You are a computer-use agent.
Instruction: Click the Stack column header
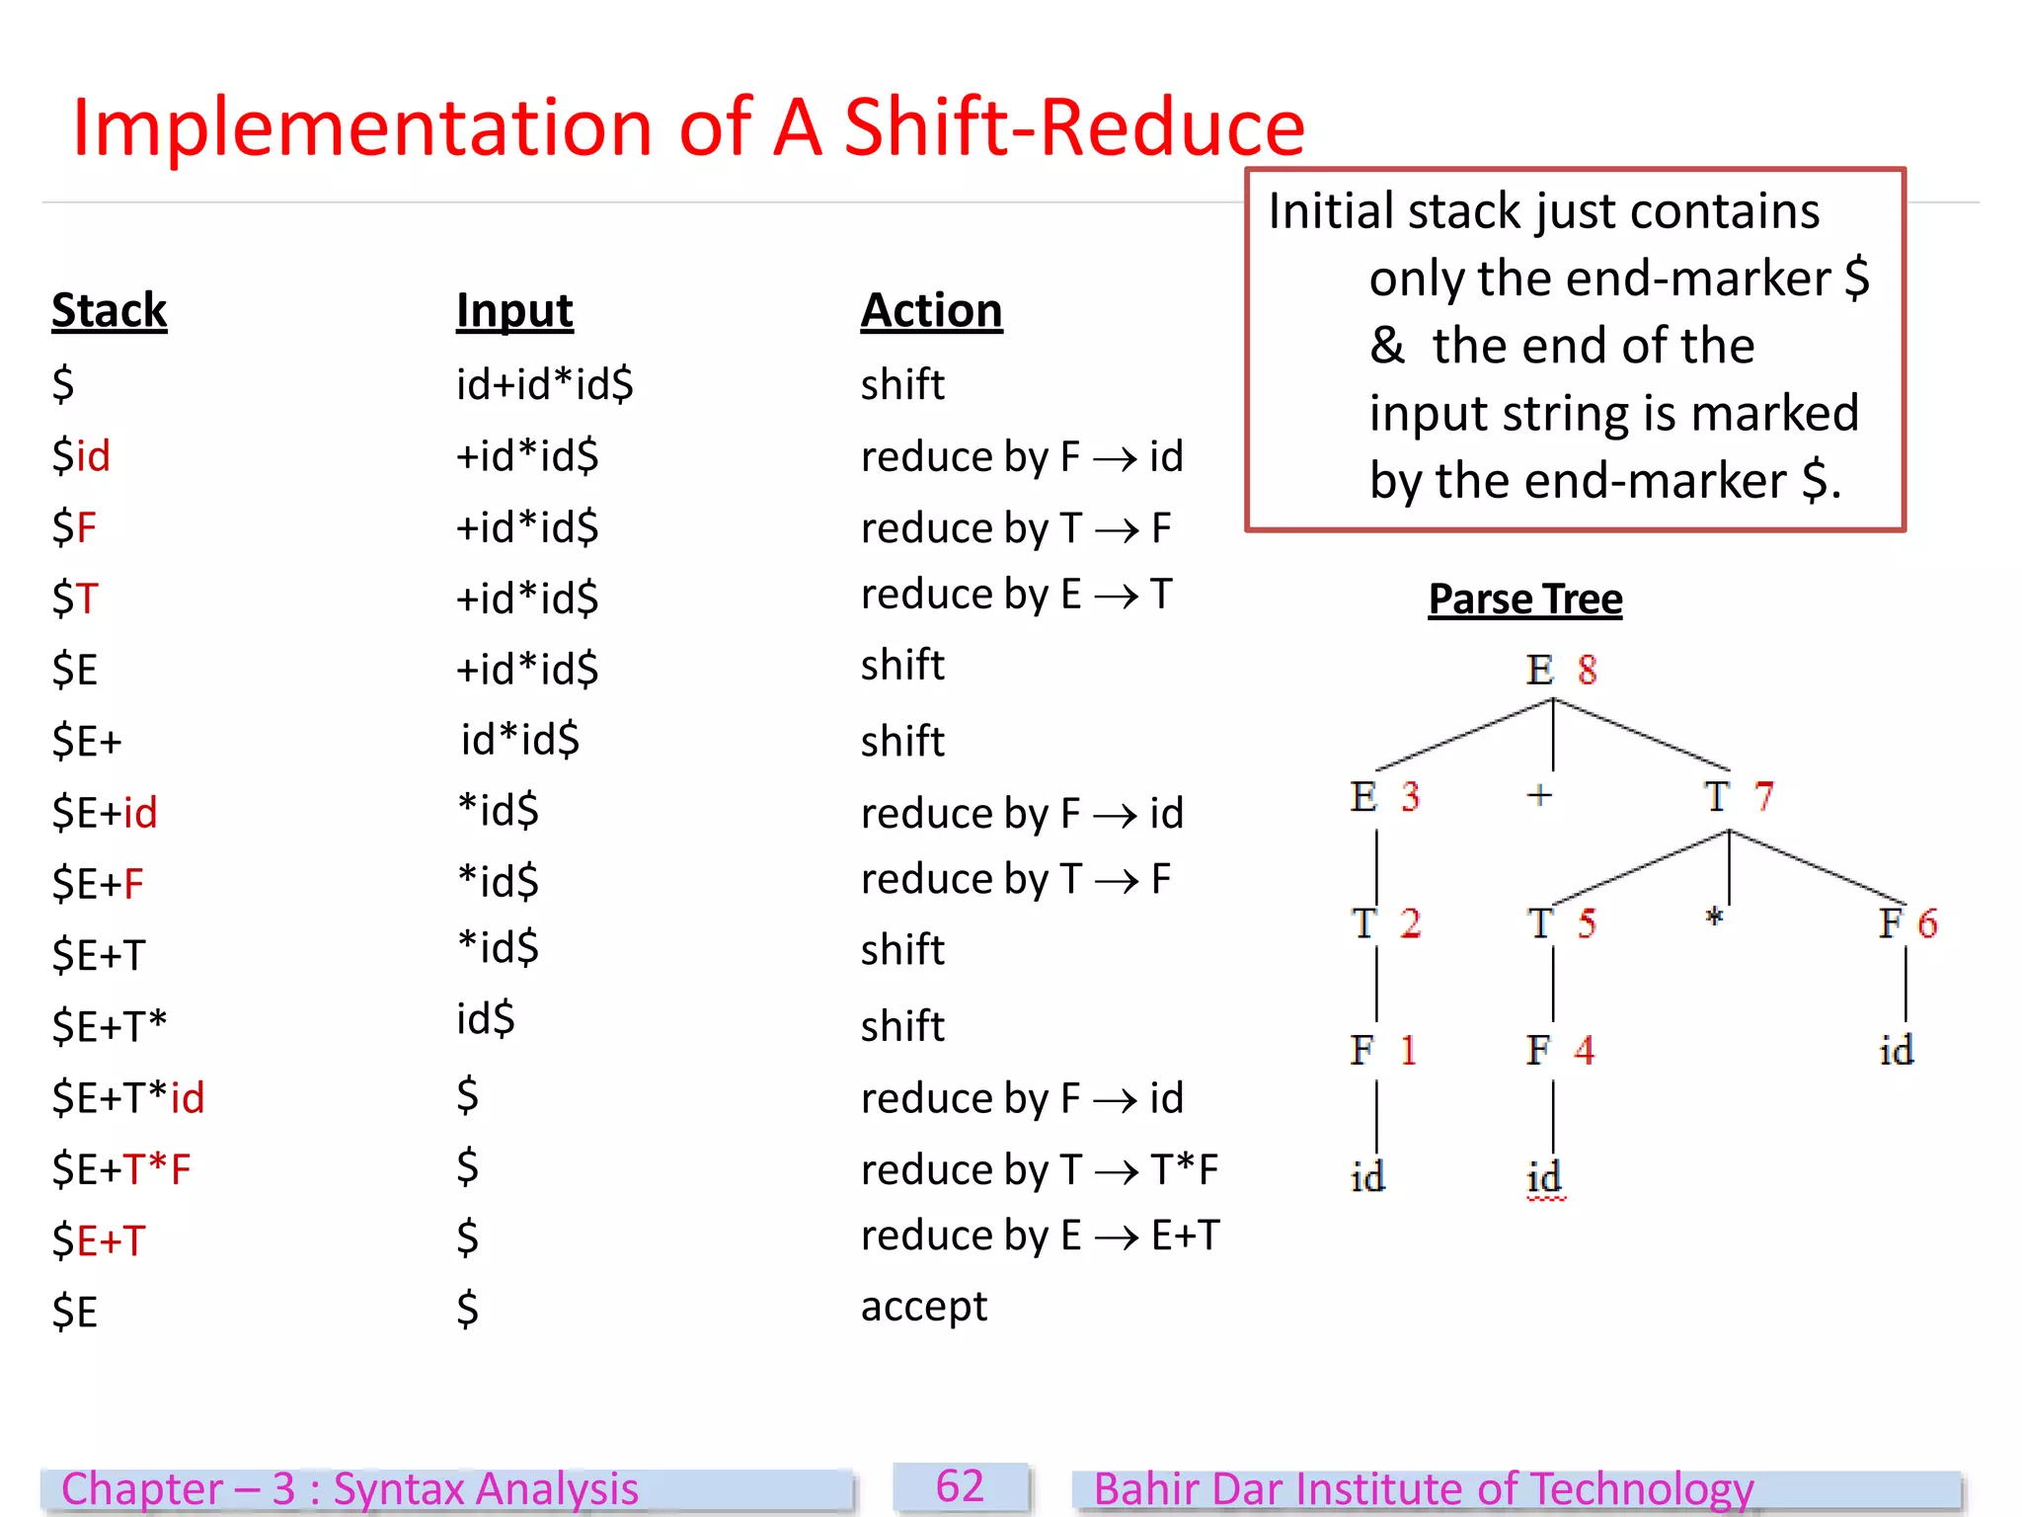109,310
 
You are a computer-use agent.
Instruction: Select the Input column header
513,310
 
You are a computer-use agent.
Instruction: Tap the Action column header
931,310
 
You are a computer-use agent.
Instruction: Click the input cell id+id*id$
544,383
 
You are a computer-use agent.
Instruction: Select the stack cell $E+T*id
128,1097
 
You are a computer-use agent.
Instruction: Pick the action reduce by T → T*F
1039,1169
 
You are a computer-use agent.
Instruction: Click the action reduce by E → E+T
1040,1236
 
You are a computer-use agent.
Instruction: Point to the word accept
923,1307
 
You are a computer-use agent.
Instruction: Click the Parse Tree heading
1524,599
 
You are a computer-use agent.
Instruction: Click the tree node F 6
1906,923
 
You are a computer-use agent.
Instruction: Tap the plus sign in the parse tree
1539,795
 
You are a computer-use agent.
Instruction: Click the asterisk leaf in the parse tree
1714,918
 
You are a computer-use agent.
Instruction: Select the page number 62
960,1486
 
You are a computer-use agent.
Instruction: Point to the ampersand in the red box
1387,346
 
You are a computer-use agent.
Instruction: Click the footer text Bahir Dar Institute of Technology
1423,1489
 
